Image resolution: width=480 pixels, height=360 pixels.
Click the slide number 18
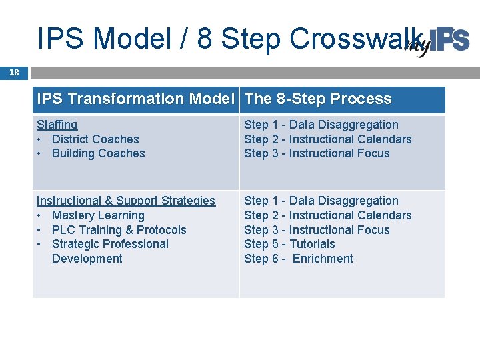point(13,73)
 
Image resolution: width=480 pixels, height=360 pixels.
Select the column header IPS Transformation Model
point(136,99)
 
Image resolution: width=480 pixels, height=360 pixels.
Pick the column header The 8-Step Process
point(318,99)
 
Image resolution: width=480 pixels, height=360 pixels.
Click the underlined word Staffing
point(57,125)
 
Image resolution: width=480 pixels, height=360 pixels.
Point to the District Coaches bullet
point(95,139)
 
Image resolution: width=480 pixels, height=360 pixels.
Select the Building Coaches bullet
point(98,153)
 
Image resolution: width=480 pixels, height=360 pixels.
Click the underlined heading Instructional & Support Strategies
point(126,201)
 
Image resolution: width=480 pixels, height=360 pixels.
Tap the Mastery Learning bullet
point(98,215)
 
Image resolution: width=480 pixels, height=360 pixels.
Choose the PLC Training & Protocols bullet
point(119,230)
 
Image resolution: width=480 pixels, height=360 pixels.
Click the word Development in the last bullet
point(87,259)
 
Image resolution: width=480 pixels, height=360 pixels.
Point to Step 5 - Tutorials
point(289,244)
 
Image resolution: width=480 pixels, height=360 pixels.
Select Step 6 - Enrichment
point(299,259)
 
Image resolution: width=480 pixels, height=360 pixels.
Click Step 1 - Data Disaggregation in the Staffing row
point(321,125)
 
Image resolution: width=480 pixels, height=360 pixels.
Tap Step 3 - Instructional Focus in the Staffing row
point(317,153)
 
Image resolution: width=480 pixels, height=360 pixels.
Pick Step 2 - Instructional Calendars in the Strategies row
point(328,215)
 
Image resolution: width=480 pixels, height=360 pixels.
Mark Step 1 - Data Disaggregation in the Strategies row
point(321,201)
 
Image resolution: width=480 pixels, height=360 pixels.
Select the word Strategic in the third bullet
point(76,244)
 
